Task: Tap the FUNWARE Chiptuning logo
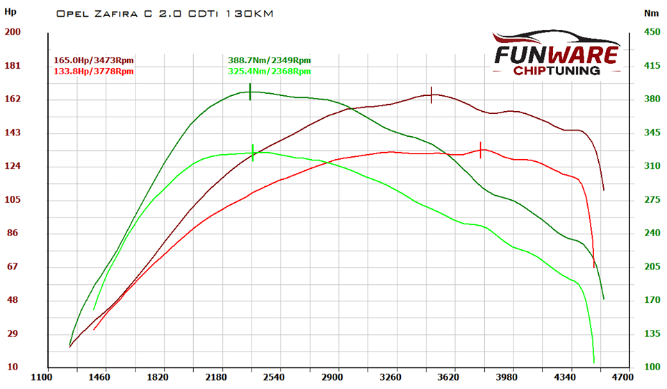point(555,53)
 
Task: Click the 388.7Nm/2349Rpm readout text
point(269,60)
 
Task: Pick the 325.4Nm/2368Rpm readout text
point(269,71)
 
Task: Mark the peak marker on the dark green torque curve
point(250,92)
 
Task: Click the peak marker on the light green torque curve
point(253,152)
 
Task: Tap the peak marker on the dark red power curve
point(431,95)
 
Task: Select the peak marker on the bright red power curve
point(480,149)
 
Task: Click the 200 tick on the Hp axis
point(13,32)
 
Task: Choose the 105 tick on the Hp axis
point(13,200)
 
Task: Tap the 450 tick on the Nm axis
point(652,32)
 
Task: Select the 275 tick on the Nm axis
point(652,200)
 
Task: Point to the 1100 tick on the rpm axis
point(46,378)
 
